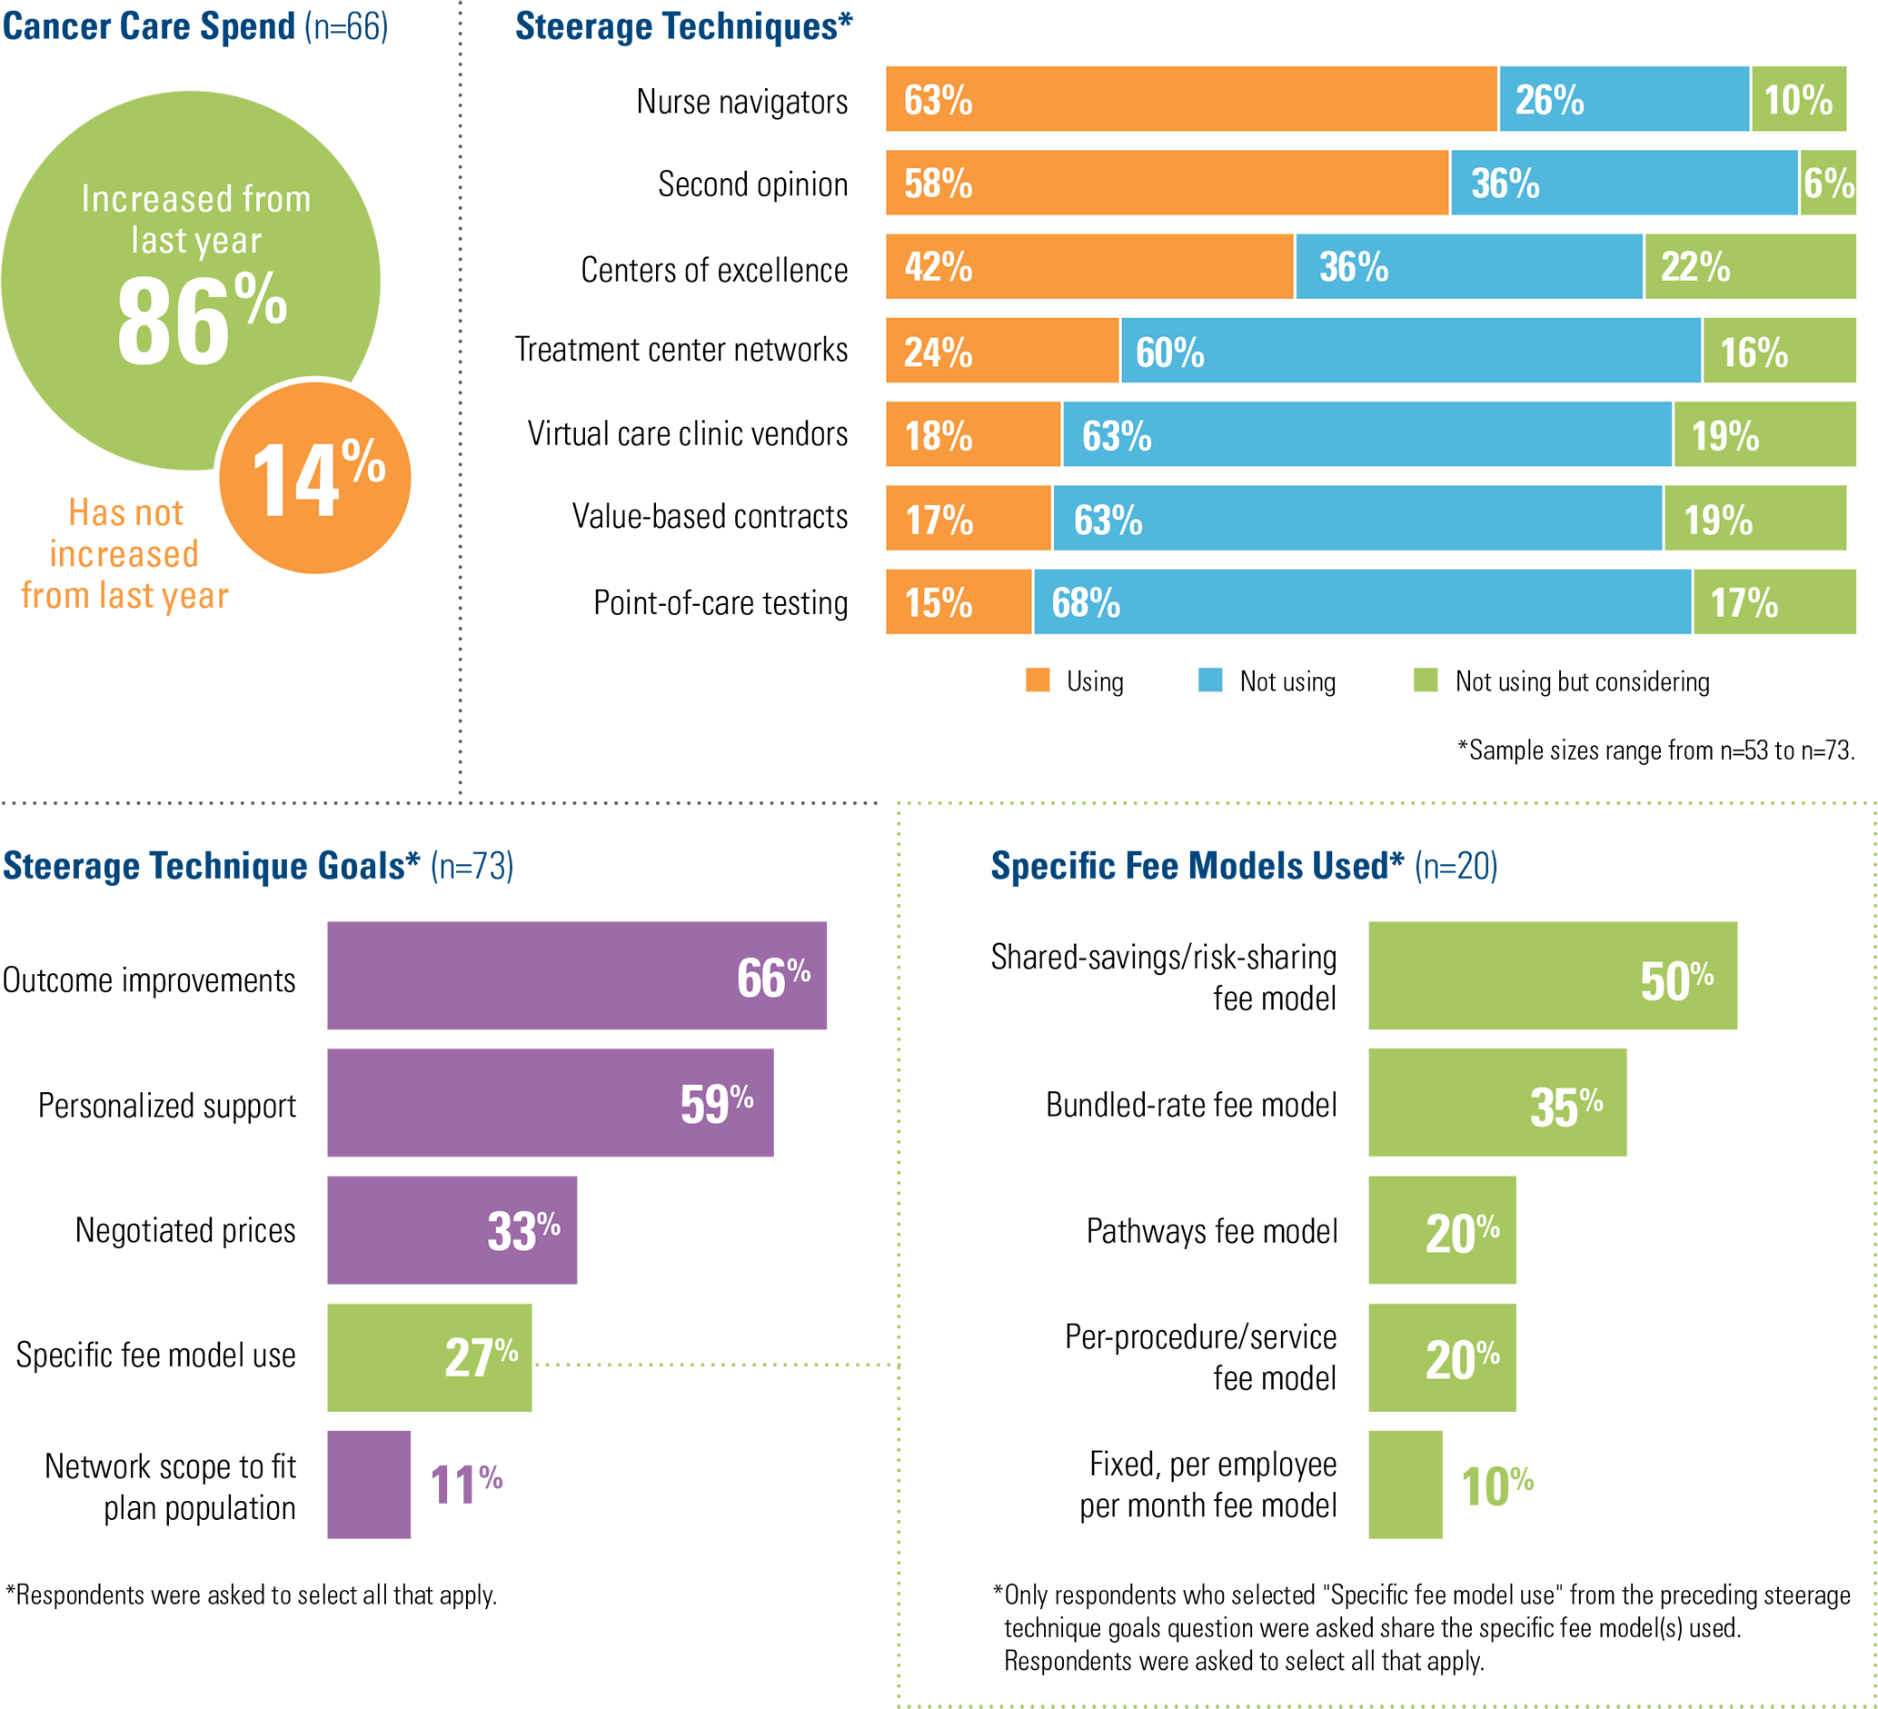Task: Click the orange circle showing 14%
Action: click(x=315, y=478)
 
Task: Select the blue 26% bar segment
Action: click(x=1624, y=99)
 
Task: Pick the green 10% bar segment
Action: click(x=1798, y=99)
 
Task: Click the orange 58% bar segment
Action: click(x=1167, y=183)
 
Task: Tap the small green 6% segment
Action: click(x=1828, y=183)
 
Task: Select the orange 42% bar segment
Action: click(x=1089, y=266)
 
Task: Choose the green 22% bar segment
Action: click(x=1750, y=266)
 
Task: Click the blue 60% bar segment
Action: click(x=1410, y=350)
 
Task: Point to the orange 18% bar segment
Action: click(x=972, y=434)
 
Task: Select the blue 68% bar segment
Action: click(x=1362, y=601)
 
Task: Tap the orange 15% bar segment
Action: click(x=959, y=601)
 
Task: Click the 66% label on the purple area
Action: click(x=772, y=978)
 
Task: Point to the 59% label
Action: click(x=715, y=1104)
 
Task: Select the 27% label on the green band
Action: click(x=481, y=1357)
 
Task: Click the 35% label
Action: click(x=1565, y=1108)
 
